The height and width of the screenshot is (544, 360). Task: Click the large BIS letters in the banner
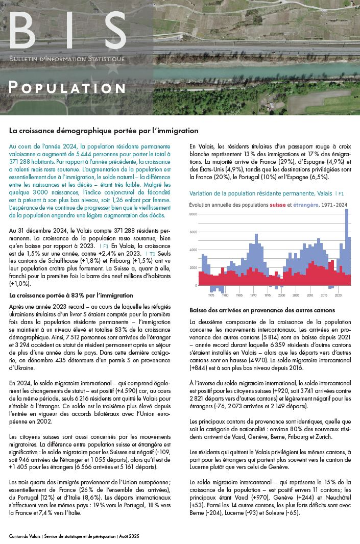click(67, 32)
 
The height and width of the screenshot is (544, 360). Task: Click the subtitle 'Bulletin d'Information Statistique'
click(67, 59)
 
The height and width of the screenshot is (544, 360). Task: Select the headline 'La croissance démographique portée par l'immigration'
click(104, 131)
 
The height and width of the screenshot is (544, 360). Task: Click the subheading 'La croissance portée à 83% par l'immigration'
click(71, 295)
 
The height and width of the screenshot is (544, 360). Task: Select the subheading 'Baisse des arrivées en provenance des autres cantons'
click(262, 310)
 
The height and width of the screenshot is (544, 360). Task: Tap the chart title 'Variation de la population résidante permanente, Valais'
click(260, 194)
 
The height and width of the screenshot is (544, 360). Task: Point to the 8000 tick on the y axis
click(193, 214)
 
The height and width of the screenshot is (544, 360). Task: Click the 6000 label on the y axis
click(193, 232)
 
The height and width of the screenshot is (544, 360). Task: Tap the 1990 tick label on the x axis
click(253, 295)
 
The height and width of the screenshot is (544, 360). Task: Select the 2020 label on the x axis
click(338, 295)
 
